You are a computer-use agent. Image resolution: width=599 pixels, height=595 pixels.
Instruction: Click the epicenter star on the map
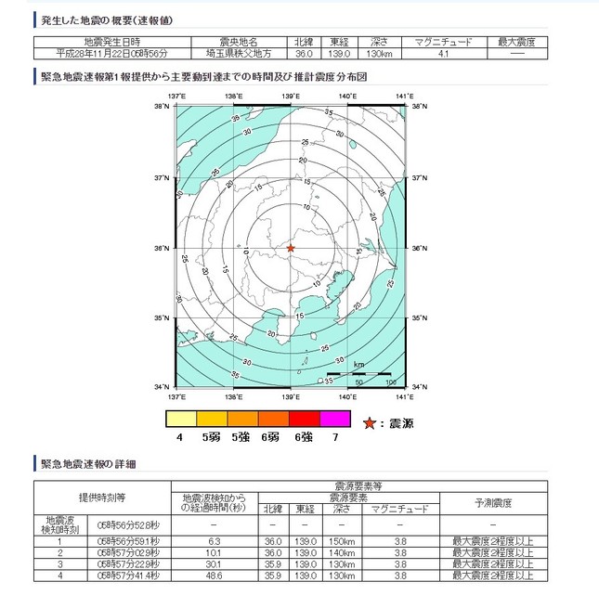pos(291,248)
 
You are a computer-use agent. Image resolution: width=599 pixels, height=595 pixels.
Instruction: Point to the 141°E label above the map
pos(403,97)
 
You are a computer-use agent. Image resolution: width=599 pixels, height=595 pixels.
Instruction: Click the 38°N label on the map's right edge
pos(420,107)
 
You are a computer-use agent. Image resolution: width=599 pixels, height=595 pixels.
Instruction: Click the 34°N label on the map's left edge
pos(161,387)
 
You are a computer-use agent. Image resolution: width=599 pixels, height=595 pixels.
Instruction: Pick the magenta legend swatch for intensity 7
pos(334,419)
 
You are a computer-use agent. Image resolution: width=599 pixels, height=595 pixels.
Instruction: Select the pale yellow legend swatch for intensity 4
pos(178,419)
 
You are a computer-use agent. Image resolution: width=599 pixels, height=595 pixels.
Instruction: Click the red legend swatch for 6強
pos(303,419)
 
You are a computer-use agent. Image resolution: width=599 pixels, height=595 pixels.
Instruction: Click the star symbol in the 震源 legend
pos(370,423)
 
